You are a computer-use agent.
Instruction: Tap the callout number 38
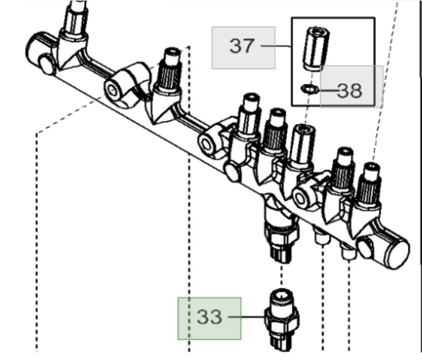[x=350, y=92]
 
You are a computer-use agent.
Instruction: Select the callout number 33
[x=209, y=317]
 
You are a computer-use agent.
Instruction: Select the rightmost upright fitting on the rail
[x=369, y=183]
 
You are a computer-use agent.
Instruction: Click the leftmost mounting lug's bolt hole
[x=113, y=92]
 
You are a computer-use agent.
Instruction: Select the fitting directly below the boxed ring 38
[x=303, y=145]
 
